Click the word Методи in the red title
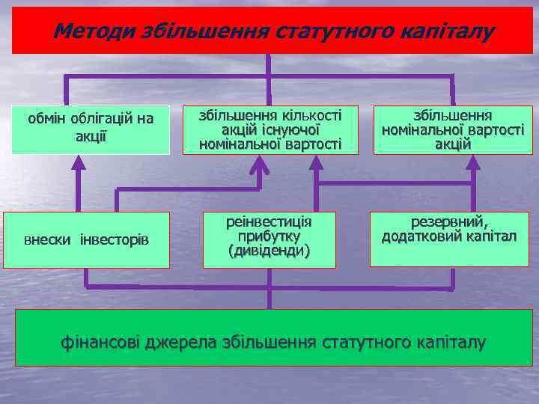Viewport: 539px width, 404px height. [87, 31]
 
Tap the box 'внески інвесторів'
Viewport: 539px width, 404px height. [87, 239]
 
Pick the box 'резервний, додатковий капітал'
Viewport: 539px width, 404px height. [449, 239]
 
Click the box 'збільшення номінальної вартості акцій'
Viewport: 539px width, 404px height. [452, 129]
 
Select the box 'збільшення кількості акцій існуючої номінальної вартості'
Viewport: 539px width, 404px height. [270, 129]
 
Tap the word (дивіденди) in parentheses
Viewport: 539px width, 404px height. [269, 250]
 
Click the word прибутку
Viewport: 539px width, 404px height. [269, 236]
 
